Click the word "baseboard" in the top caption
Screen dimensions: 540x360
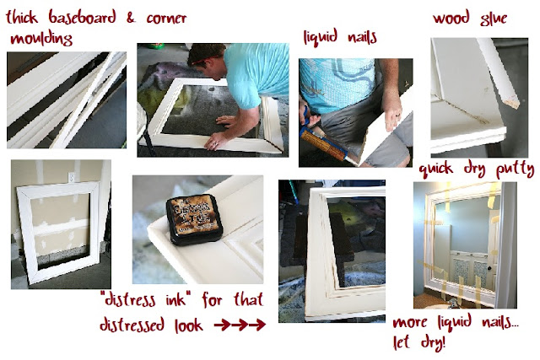[82, 17]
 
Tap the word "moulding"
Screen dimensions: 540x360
[41, 39]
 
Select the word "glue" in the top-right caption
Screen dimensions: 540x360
[493, 19]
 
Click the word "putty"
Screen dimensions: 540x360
[516, 169]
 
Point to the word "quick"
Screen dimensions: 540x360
[436, 169]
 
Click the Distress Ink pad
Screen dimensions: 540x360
[193, 220]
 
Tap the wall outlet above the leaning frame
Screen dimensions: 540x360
[72, 177]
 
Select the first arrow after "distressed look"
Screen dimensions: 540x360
[222, 325]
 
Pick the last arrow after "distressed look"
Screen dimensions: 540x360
[257, 325]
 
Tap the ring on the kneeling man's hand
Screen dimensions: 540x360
[216, 144]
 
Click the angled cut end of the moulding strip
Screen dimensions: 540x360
[512, 102]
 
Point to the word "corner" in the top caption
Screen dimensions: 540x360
[166, 19]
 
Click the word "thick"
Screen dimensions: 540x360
[22, 17]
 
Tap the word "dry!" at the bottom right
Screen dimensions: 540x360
[433, 343]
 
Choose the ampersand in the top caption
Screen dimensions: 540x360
[131, 18]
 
